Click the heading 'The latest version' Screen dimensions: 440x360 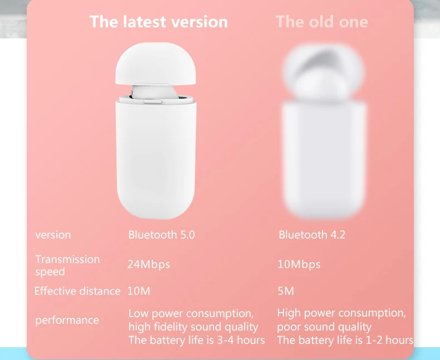point(159,22)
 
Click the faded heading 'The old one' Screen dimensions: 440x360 point(321,22)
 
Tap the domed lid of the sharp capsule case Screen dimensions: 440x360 point(155,63)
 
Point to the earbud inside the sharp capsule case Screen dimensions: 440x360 point(154,91)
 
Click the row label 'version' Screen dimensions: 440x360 point(53,235)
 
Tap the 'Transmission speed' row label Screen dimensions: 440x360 point(67,265)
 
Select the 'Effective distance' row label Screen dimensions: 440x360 point(77,291)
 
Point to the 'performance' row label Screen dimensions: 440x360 point(67,320)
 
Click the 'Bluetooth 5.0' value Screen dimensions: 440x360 point(162,235)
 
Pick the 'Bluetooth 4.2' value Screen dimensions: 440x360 point(312,235)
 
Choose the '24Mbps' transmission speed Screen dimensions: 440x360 point(149,265)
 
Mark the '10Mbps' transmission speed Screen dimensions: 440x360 point(299,265)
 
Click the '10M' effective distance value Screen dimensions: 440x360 point(139,291)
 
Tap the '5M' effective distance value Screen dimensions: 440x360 point(286,291)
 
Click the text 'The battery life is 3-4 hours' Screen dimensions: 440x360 point(197,340)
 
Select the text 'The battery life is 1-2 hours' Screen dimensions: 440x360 point(345,340)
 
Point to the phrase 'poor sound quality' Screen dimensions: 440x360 point(324,327)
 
